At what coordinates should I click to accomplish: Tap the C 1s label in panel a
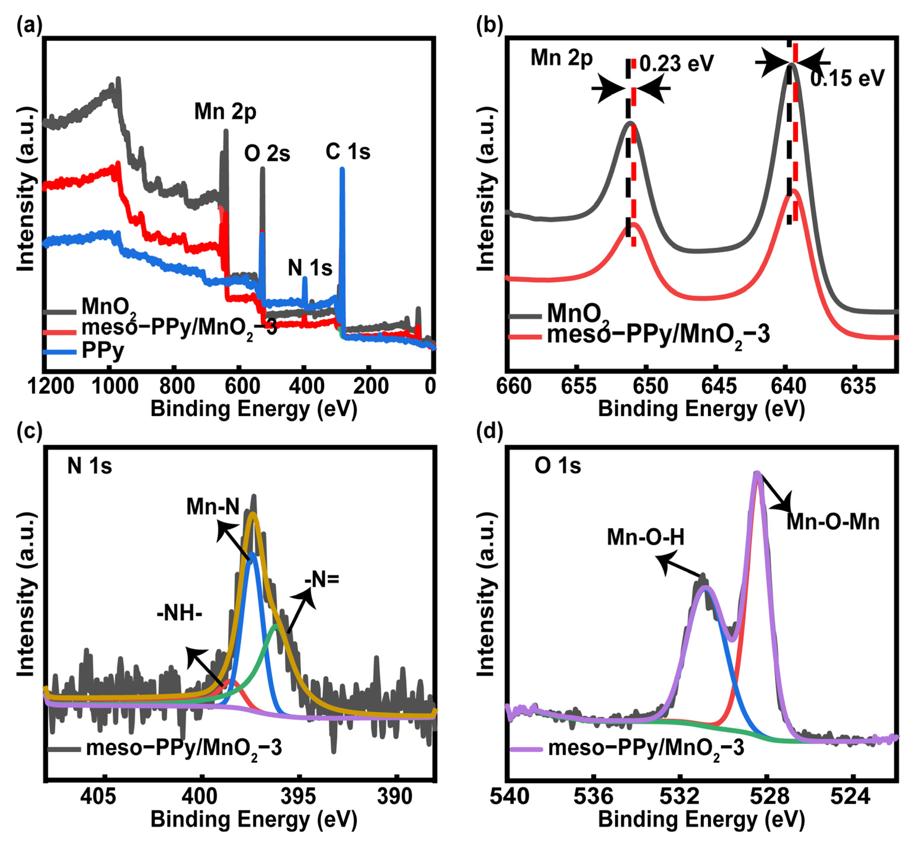[x=348, y=152]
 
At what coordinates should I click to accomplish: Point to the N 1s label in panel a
[x=310, y=268]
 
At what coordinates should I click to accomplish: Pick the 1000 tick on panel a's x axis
[x=115, y=387]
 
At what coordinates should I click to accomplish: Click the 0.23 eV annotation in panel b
[x=676, y=64]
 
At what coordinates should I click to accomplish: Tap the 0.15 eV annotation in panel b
[x=847, y=78]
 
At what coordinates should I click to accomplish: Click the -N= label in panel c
[x=322, y=580]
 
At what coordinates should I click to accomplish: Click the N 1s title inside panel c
[x=89, y=466]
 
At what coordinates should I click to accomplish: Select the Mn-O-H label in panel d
[x=645, y=537]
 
